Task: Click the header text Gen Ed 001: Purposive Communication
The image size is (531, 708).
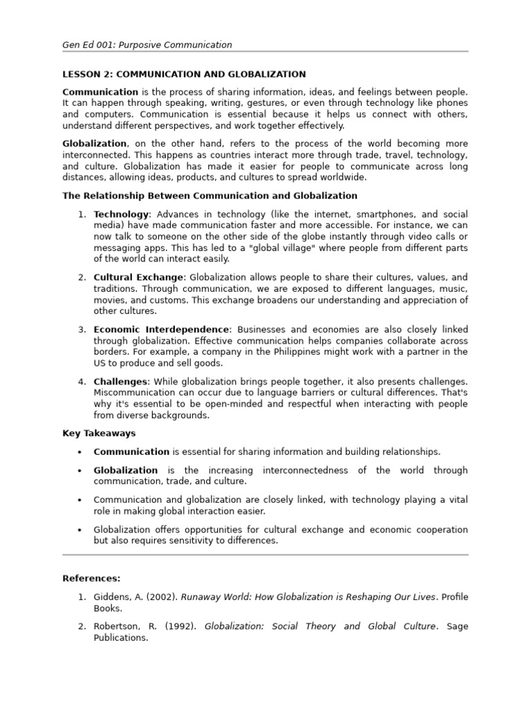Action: pos(147,45)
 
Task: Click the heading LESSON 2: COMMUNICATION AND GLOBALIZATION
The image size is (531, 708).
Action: pos(184,74)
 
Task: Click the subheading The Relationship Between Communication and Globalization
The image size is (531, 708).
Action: pos(209,196)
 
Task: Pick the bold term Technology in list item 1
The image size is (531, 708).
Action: pos(121,214)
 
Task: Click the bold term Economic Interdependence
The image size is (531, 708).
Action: pos(161,329)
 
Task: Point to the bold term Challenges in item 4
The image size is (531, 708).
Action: pos(120,381)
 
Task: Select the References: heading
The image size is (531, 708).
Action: pos(91,578)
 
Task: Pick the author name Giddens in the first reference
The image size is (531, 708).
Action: pos(115,597)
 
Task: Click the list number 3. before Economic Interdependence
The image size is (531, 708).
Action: pos(82,329)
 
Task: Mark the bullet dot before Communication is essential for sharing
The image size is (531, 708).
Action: pos(80,451)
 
